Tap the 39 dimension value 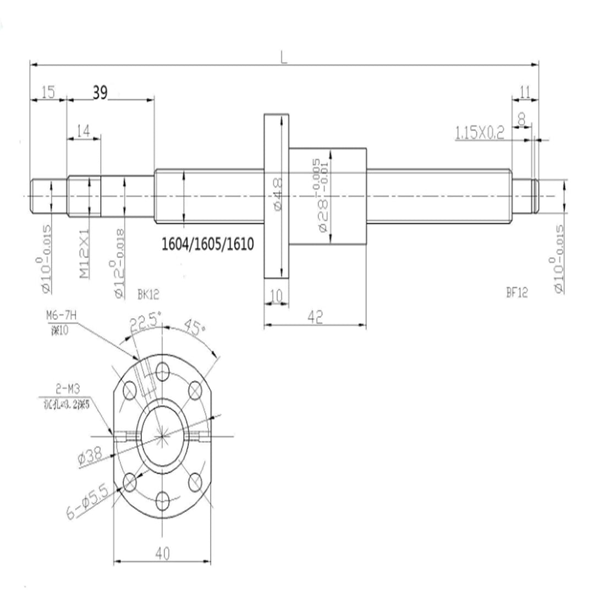point(100,93)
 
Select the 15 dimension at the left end point(48,92)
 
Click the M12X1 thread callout point(84,258)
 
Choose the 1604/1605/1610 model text point(208,244)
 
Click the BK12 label point(148,294)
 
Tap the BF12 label point(516,293)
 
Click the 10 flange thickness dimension point(277,296)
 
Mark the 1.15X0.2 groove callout point(480,133)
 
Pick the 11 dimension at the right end point(525,92)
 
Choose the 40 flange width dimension point(162,554)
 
